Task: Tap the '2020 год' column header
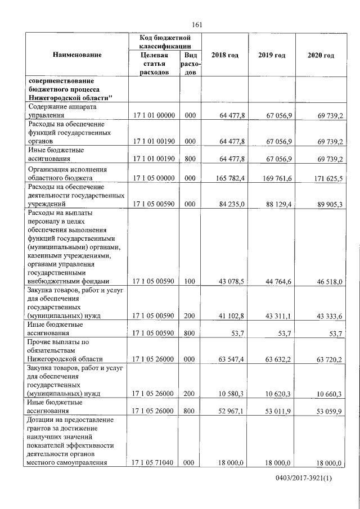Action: (x=321, y=55)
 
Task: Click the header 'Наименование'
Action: (x=77, y=55)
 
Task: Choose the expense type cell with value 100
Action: (x=190, y=281)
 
